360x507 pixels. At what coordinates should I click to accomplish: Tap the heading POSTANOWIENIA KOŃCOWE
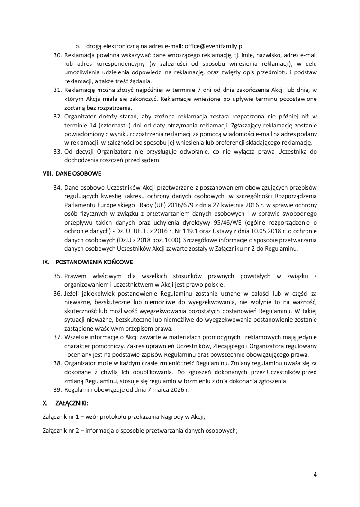coord(94,262)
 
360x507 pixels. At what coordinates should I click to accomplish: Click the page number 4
coord(315,475)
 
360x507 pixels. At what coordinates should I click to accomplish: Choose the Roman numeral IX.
coord(46,262)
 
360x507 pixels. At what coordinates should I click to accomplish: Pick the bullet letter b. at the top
coord(78,46)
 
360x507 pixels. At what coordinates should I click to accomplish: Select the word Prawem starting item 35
coord(76,276)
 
